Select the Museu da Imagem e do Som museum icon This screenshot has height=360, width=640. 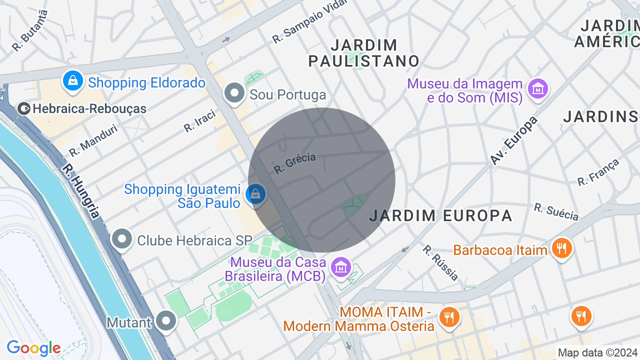[538, 89]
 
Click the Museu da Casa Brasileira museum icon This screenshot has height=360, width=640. [341, 268]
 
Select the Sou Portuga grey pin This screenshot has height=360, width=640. [234, 93]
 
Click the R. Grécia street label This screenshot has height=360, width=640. [295, 163]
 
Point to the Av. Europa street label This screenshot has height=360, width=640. [513, 140]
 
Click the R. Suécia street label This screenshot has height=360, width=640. [556, 212]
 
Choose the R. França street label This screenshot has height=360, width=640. [598, 172]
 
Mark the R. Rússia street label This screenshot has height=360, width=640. [440, 262]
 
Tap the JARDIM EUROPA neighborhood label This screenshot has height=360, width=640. [441, 215]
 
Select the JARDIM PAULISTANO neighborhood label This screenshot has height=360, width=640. [363, 53]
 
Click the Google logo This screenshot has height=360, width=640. [33, 347]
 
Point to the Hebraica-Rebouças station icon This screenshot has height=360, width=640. [23, 108]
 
